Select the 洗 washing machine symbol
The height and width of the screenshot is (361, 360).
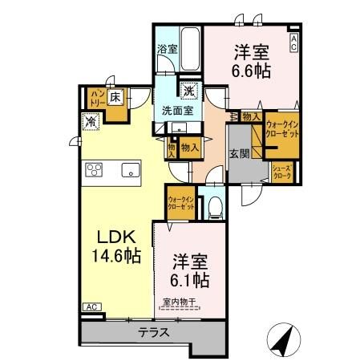pyautogui.click(x=190, y=90)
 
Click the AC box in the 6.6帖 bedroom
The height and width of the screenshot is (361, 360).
pyautogui.click(x=294, y=41)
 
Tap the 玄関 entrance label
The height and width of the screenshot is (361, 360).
pyautogui.click(x=239, y=154)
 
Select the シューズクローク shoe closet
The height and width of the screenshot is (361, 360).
pyautogui.click(x=282, y=170)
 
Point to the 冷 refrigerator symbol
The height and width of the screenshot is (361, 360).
pyautogui.click(x=90, y=122)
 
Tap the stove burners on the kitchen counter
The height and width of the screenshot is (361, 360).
pyautogui.click(x=94, y=169)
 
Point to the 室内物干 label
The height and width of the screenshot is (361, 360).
pyautogui.click(x=181, y=302)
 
